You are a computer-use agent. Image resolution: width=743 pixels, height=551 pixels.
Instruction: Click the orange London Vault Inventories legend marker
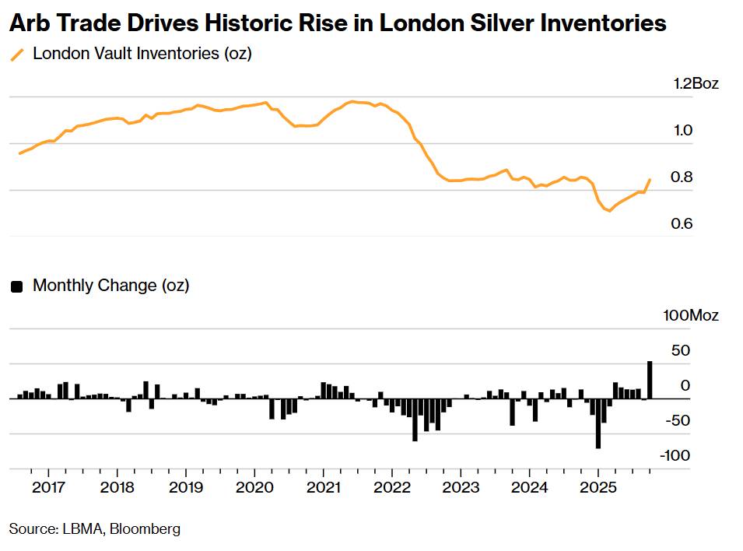point(16,55)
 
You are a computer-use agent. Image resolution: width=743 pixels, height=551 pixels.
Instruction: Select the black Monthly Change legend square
point(16,286)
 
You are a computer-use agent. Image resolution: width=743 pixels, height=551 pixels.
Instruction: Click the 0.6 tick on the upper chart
point(682,224)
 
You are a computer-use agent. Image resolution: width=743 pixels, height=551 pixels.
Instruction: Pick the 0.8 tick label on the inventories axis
point(682,177)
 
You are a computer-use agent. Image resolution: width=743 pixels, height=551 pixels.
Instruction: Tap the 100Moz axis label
point(691,315)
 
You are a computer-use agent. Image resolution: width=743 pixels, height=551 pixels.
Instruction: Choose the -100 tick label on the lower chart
point(675,455)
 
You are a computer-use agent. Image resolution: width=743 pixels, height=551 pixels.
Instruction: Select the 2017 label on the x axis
point(48,488)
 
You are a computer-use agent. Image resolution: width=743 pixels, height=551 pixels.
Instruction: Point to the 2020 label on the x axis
point(254,488)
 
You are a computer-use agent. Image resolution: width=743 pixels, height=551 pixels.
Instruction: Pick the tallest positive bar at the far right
point(650,380)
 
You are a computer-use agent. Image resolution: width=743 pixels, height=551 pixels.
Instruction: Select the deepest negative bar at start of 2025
point(598,423)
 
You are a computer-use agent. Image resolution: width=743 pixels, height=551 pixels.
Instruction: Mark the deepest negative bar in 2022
point(415,420)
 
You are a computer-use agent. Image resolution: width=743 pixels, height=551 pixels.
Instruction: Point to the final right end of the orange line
point(650,180)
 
